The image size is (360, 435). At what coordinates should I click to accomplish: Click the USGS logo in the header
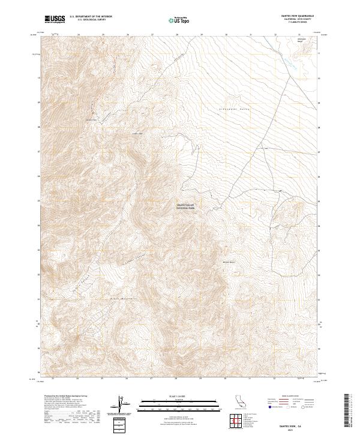[54, 20]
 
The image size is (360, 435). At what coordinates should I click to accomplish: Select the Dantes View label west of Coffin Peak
[91, 119]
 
